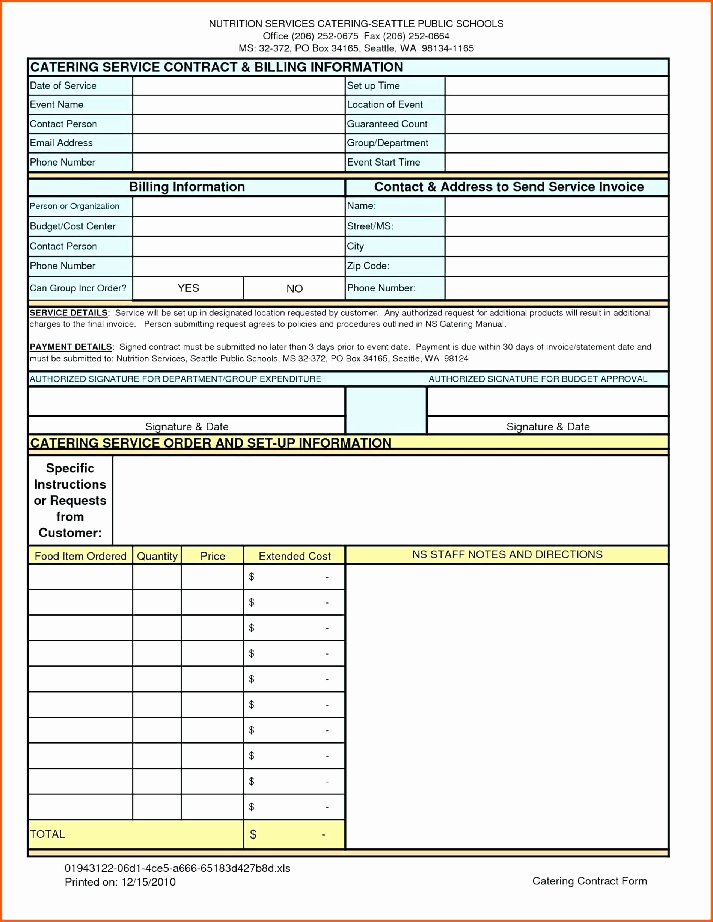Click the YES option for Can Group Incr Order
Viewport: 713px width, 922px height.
click(188, 288)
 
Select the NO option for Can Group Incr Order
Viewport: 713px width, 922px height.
click(294, 289)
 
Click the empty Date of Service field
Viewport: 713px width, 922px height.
click(238, 86)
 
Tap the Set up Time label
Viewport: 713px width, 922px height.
click(373, 86)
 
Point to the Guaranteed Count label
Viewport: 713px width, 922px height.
click(387, 124)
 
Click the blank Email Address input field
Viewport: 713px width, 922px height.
click(238, 143)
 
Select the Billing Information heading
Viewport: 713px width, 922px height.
click(187, 187)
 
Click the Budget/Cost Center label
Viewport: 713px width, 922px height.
click(72, 226)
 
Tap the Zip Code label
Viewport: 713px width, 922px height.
click(368, 266)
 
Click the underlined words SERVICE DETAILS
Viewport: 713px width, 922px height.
click(68, 313)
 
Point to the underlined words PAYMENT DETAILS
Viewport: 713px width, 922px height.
click(71, 347)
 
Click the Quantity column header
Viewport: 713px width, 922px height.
click(157, 556)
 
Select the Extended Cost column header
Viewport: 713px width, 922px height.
click(294, 556)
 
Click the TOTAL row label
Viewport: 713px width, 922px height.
click(47, 834)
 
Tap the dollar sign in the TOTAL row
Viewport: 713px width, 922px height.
click(253, 834)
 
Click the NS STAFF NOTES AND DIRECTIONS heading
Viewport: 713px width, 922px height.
click(507, 554)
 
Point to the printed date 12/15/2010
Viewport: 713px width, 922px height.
click(148, 882)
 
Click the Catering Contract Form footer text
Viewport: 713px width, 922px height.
click(589, 881)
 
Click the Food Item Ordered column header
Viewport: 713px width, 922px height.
click(80, 556)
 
